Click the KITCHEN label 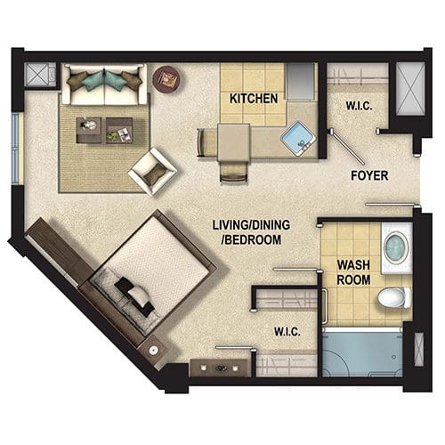[254, 99]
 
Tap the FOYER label [369, 175]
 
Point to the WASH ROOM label [353, 272]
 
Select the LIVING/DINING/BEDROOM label [251, 232]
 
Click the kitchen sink [298, 139]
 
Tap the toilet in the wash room [394, 297]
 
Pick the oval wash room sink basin [396, 247]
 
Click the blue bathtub [362, 354]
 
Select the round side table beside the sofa [166, 79]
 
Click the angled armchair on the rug [153, 172]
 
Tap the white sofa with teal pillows [104, 85]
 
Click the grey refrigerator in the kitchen [300, 81]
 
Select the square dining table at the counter [233, 142]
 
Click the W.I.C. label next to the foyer [359, 106]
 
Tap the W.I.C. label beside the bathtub [287, 331]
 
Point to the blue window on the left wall [16, 148]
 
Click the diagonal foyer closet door [347, 147]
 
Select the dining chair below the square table [233, 173]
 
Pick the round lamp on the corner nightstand [153, 351]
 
